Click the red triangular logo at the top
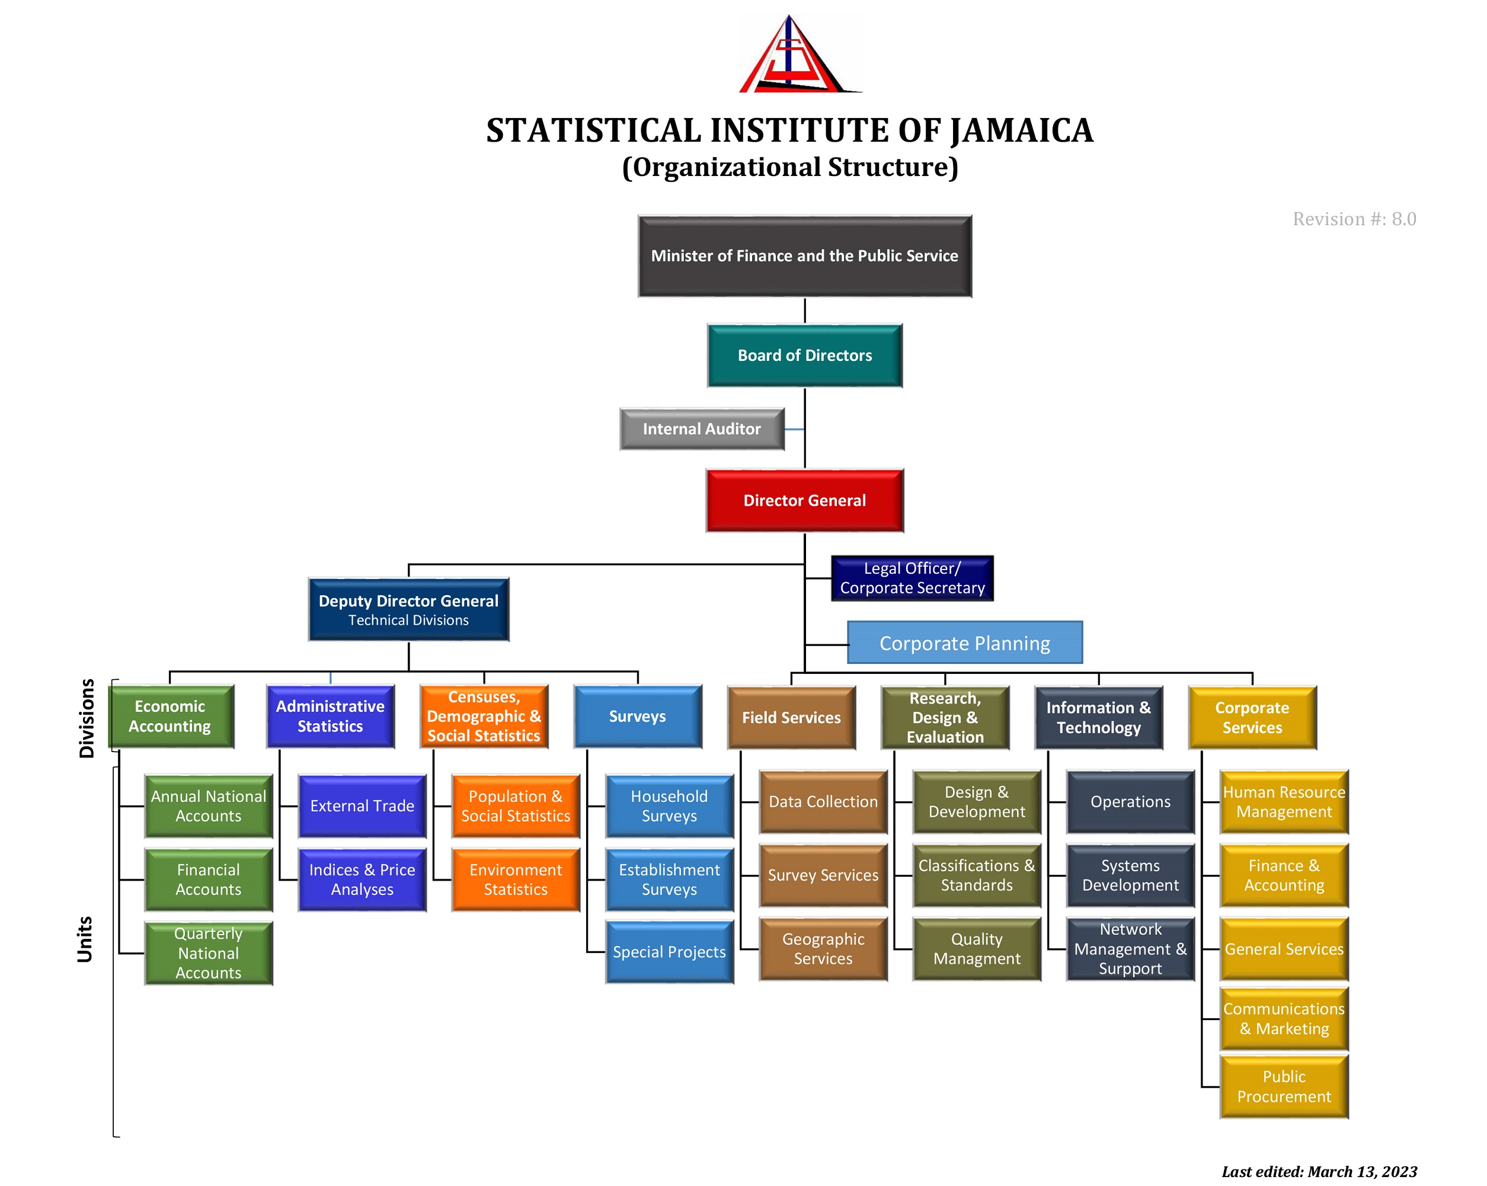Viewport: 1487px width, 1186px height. click(x=800, y=55)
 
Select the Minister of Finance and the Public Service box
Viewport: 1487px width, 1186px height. click(x=804, y=256)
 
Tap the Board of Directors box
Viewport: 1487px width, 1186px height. click(x=804, y=355)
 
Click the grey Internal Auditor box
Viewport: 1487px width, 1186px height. click(x=702, y=429)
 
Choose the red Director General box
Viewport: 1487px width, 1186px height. click(x=804, y=500)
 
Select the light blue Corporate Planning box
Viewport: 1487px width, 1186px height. click(x=964, y=643)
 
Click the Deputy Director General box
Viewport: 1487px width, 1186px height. click(x=408, y=610)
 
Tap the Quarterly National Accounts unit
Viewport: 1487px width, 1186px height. click(x=208, y=953)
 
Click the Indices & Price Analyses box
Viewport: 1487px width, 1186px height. click(x=362, y=880)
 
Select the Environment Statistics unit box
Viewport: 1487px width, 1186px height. click(x=515, y=880)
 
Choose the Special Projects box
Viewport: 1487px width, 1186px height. click(x=669, y=952)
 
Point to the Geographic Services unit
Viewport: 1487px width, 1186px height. click(x=823, y=949)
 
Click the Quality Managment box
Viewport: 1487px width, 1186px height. click(x=977, y=949)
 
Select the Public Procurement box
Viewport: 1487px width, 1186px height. click(x=1284, y=1086)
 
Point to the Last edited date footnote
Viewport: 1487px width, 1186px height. click(x=1319, y=1172)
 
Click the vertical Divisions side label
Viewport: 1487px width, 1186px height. click(x=86, y=718)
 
